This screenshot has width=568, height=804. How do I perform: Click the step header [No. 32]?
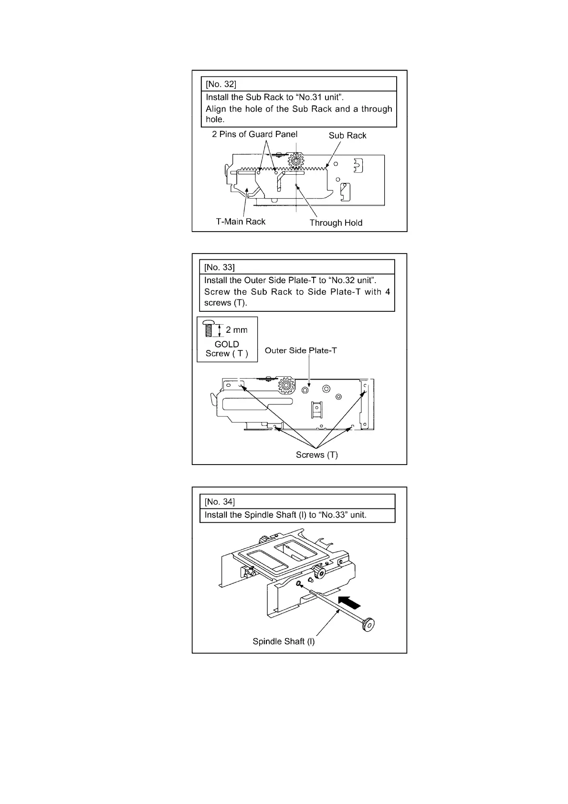(x=221, y=84)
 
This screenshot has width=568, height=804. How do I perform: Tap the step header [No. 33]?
(x=220, y=267)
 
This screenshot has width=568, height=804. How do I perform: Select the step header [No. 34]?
(x=220, y=501)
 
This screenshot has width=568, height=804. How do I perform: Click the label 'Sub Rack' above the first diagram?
(x=347, y=136)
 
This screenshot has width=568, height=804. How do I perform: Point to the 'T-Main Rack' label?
(x=241, y=222)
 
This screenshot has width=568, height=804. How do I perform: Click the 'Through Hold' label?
(x=336, y=223)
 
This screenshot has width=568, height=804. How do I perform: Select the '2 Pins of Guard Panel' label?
(x=254, y=135)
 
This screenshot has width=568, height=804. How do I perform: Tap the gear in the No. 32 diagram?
(x=296, y=161)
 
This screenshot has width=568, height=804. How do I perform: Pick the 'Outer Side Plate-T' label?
(x=301, y=350)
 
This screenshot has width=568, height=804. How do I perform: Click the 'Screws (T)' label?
(x=316, y=455)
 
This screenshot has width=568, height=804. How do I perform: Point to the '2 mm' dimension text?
(x=237, y=330)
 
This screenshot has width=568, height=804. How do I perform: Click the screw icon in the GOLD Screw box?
(x=208, y=328)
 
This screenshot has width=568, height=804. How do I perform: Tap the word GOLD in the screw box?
(x=227, y=344)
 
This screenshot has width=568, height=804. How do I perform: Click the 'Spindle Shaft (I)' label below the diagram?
(x=284, y=642)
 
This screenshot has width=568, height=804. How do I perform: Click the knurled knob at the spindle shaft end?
(x=368, y=624)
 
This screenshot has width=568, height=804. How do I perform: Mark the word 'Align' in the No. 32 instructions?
(x=215, y=109)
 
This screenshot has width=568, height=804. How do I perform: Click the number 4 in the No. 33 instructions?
(x=388, y=292)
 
